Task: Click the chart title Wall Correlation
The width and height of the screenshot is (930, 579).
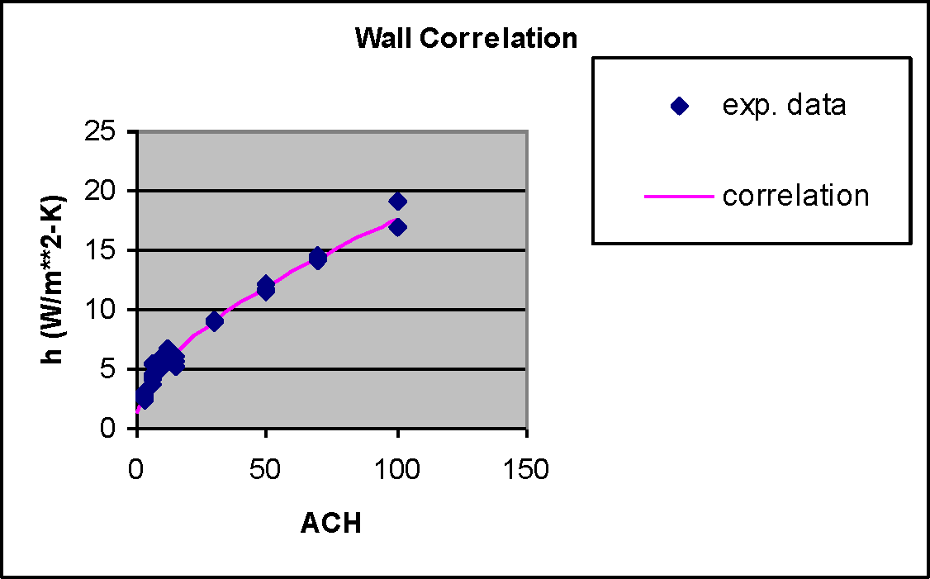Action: click(x=466, y=38)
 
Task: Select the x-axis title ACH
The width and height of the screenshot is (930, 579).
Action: click(x=331, y=523)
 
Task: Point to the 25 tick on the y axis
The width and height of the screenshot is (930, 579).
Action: click(x=109, y=132)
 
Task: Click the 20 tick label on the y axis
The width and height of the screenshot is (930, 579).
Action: click(x=109, y=192)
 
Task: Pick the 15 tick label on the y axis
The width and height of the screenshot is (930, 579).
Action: click(x=109, y=251)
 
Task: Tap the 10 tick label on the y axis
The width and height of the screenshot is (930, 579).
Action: click(x=109, y=311)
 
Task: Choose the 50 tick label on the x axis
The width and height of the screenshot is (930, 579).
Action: click(x=266, y=470)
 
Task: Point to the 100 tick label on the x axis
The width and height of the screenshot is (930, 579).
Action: click(x=397, y=470)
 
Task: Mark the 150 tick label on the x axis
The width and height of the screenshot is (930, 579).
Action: click(x=527, y=470)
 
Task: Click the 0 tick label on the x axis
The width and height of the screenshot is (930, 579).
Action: click(x=136, y=470)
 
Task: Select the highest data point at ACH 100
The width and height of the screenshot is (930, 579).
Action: click(x=397, y=201)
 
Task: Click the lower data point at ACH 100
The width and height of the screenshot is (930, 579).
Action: click(x=397, y=227)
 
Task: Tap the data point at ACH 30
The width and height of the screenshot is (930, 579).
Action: click(x=215, y=321)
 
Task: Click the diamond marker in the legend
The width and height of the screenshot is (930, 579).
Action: click(x=679, y=106)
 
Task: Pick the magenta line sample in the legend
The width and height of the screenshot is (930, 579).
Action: click(x=679, y=197)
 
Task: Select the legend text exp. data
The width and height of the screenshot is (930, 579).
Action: click(x=784, y=106)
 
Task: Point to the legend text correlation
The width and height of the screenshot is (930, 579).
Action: click(x=795, y=197)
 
